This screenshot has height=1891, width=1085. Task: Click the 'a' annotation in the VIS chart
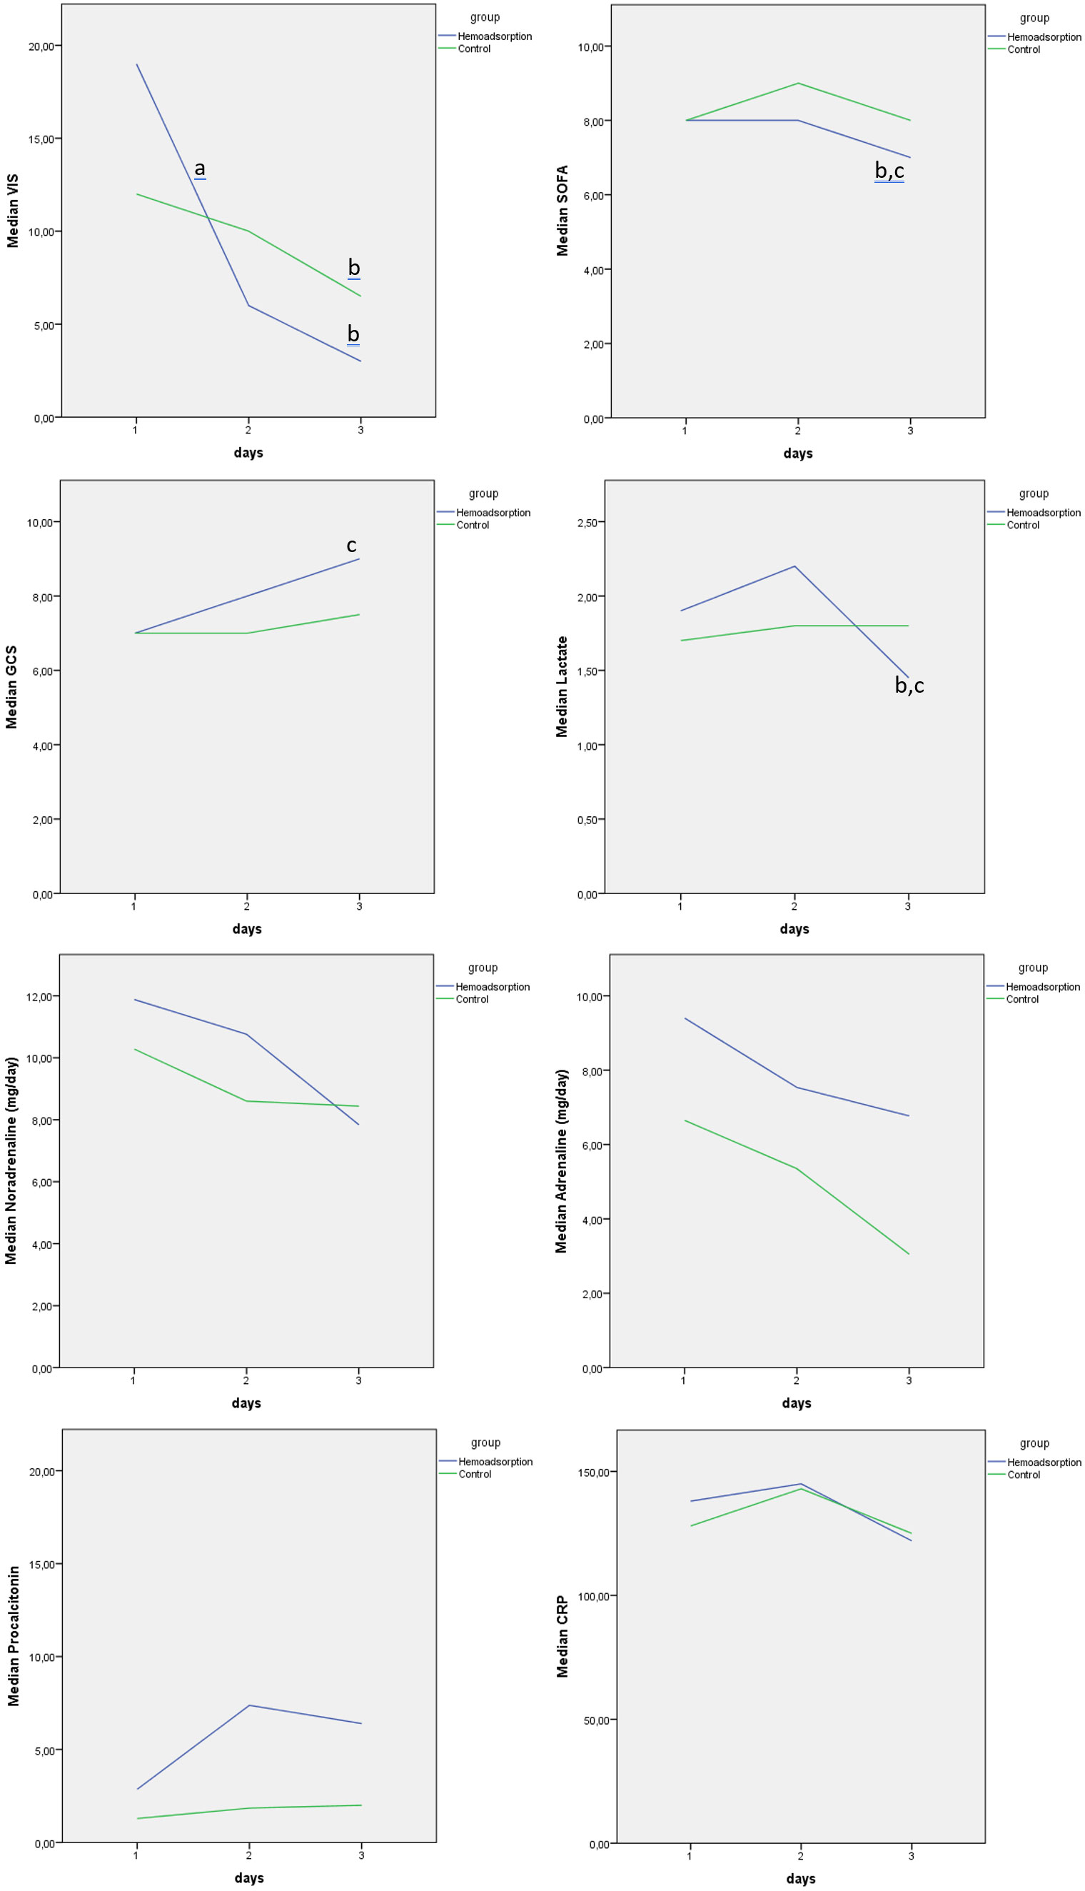tap(200, 169)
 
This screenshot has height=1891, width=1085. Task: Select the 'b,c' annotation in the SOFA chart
tap(889, 171)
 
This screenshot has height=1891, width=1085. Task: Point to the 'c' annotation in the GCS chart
tap(352, 545)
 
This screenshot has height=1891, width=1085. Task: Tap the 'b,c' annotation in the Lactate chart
tap(909, 686)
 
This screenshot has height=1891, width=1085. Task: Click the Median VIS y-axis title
tap(13, 211)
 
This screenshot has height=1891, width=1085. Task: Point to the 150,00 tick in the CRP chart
tap(593, 1473)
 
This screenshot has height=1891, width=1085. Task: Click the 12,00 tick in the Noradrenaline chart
tap(39, 996)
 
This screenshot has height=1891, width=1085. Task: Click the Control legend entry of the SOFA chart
tap(1023, 49)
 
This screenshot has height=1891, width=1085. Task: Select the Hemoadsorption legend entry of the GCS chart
tap(493, 513)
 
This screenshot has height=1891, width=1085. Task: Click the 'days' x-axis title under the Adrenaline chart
tap(796, 1403)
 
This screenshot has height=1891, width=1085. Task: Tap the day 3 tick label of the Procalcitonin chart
tap(361, 1855)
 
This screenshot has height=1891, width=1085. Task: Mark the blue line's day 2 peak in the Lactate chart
tap(794, 566)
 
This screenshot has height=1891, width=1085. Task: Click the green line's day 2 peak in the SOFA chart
tap(798, 84)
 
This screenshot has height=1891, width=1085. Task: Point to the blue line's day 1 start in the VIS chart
tap(137, 65)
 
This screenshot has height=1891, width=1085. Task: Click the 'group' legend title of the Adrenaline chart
tap(1033, 968)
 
